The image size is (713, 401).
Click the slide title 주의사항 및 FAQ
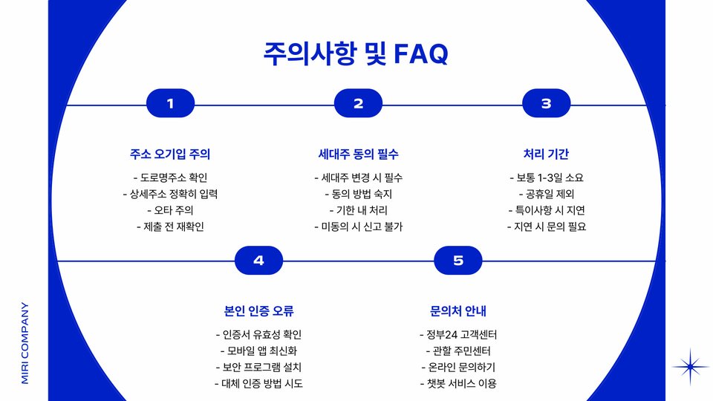click(356, 53)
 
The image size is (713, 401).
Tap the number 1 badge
click(170, 104)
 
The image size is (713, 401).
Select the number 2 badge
click(358, 104)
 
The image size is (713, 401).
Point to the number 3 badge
click(546, 104)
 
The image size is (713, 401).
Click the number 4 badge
click(258, 261)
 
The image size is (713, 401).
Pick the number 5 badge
click(458, 261)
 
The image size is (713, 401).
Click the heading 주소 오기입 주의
click(170, 154)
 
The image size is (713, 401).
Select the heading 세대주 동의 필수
click(358, 154)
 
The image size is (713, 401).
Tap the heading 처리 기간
click(546, 154)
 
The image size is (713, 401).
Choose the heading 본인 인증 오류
click(258, 311)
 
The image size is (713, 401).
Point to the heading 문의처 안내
click(458, 311)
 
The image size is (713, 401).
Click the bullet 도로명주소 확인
click(170, 177)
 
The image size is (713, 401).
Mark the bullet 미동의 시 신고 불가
click(358, 226)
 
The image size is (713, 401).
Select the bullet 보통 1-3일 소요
click(546, 177)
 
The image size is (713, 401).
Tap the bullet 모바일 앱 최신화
click(258, 351)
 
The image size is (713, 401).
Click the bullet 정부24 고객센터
click(458, 334)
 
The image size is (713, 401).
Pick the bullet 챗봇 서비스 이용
click(458, 383)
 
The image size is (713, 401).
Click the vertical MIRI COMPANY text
click(25, 342)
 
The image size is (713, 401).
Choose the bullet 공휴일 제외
click(546, 194)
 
